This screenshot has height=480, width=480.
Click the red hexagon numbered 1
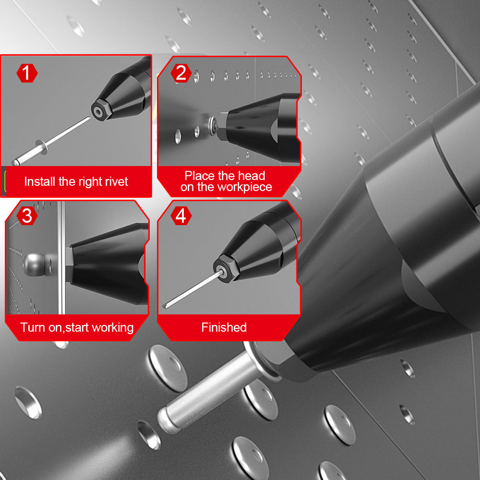pyautogui.click(x=27, y=73)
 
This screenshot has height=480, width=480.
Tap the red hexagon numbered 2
pyautogui.click(x=181, y=73)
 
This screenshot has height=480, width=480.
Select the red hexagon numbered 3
pyautogui.click(x=27, y=216)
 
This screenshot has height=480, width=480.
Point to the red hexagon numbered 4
pyautogui.click(x=181, y=216)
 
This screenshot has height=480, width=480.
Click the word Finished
pyautogui.click(x=224, y=327)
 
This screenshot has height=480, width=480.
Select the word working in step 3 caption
pyautogui.click(x=112, y=328)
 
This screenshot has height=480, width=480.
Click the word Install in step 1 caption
pyautogui.click(x=40, y=181)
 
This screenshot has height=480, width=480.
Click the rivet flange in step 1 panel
pyautogui.click(x=42, y=147)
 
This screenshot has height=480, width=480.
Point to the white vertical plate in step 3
pyautogui.click(x=61, y=257)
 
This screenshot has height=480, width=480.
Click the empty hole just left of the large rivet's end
pyautogui.click(x=149, y=435)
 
